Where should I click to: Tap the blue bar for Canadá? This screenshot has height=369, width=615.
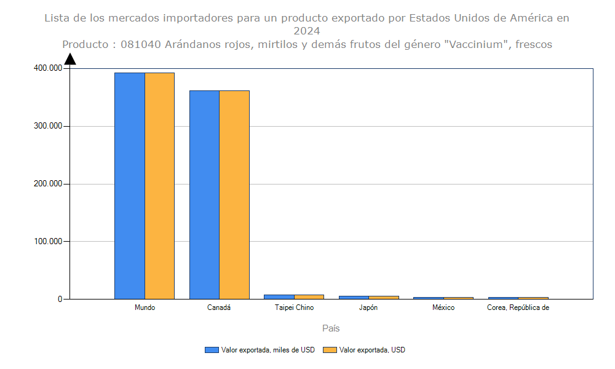point(204,194)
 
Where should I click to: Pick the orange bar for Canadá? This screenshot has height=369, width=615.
point(234,194)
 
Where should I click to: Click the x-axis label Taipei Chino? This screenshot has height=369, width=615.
point(294,307)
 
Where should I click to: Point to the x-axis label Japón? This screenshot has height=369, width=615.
point(368,307)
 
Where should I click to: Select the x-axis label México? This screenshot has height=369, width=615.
point(443,307)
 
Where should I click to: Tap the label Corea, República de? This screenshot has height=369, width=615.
point(518,307)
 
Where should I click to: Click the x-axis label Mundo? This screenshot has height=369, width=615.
point(145,307)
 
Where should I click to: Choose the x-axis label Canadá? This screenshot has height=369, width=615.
point(219,307)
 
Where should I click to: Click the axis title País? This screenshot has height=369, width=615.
point(331,328)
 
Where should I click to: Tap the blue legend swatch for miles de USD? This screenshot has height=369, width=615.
point(212,350)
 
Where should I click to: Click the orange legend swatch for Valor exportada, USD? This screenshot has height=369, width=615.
point(330,350)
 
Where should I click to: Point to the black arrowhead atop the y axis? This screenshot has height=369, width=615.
point(70,59)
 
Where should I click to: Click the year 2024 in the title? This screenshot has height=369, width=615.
point(306,31)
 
